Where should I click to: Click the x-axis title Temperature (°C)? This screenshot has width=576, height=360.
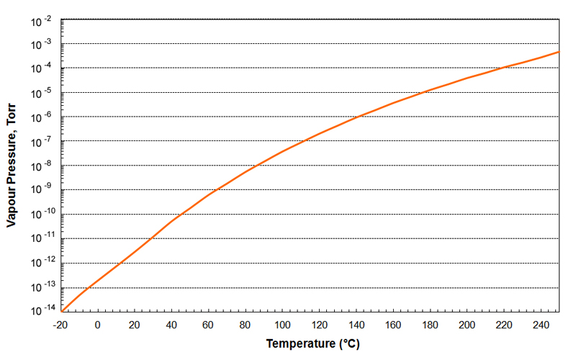[x=312, y=343]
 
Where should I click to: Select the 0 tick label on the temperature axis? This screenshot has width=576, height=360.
[x=98, y=325]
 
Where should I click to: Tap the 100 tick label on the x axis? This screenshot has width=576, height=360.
[x=282, y=325]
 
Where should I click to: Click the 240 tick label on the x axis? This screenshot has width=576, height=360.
[x=541, y=325]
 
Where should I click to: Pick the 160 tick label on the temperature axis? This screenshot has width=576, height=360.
[x=393, y=325]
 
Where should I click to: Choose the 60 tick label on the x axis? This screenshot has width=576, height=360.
[x=209, y=325]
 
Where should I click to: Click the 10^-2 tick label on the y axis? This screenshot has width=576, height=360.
[x=41, y=22]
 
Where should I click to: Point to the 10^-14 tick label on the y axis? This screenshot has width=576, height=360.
[x=40, y=311]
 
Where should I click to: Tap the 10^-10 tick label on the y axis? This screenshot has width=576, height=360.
[x=40, y=215]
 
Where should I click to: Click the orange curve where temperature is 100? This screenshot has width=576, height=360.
[x=282, y=150]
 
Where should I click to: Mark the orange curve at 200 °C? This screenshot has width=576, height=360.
[x=467, y=78]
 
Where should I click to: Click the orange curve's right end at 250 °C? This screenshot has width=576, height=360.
[x=559, y=52]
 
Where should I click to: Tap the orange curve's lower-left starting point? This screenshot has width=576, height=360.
[x=62, y=310]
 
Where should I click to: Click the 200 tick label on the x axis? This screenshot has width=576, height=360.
[x=467, y=325]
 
